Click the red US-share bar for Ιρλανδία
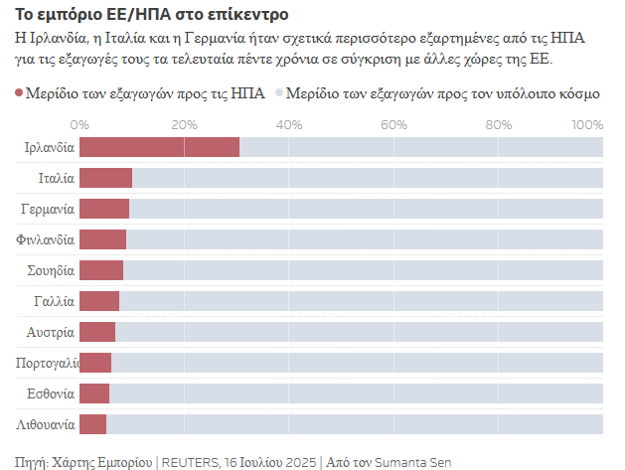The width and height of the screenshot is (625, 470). (159, 147)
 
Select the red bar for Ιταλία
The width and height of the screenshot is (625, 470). (105, 178)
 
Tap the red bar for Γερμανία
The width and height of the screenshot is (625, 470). (104, 209)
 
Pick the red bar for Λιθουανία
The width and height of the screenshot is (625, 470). (92, 424)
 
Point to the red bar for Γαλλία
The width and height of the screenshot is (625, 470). (99, 301)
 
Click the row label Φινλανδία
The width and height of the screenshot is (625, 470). (46, 239)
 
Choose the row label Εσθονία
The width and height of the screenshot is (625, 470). (50, 393)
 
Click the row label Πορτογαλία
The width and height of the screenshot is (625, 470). (47, 363)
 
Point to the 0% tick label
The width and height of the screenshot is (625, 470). (80, 125)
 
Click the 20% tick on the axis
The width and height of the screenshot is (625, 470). (184, 125)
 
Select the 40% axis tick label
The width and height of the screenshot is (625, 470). (288, 125)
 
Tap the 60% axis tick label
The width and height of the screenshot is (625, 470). (393, 125)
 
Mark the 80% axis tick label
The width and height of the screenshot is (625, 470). (498, 125)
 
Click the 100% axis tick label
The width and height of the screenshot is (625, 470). (588, 125)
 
